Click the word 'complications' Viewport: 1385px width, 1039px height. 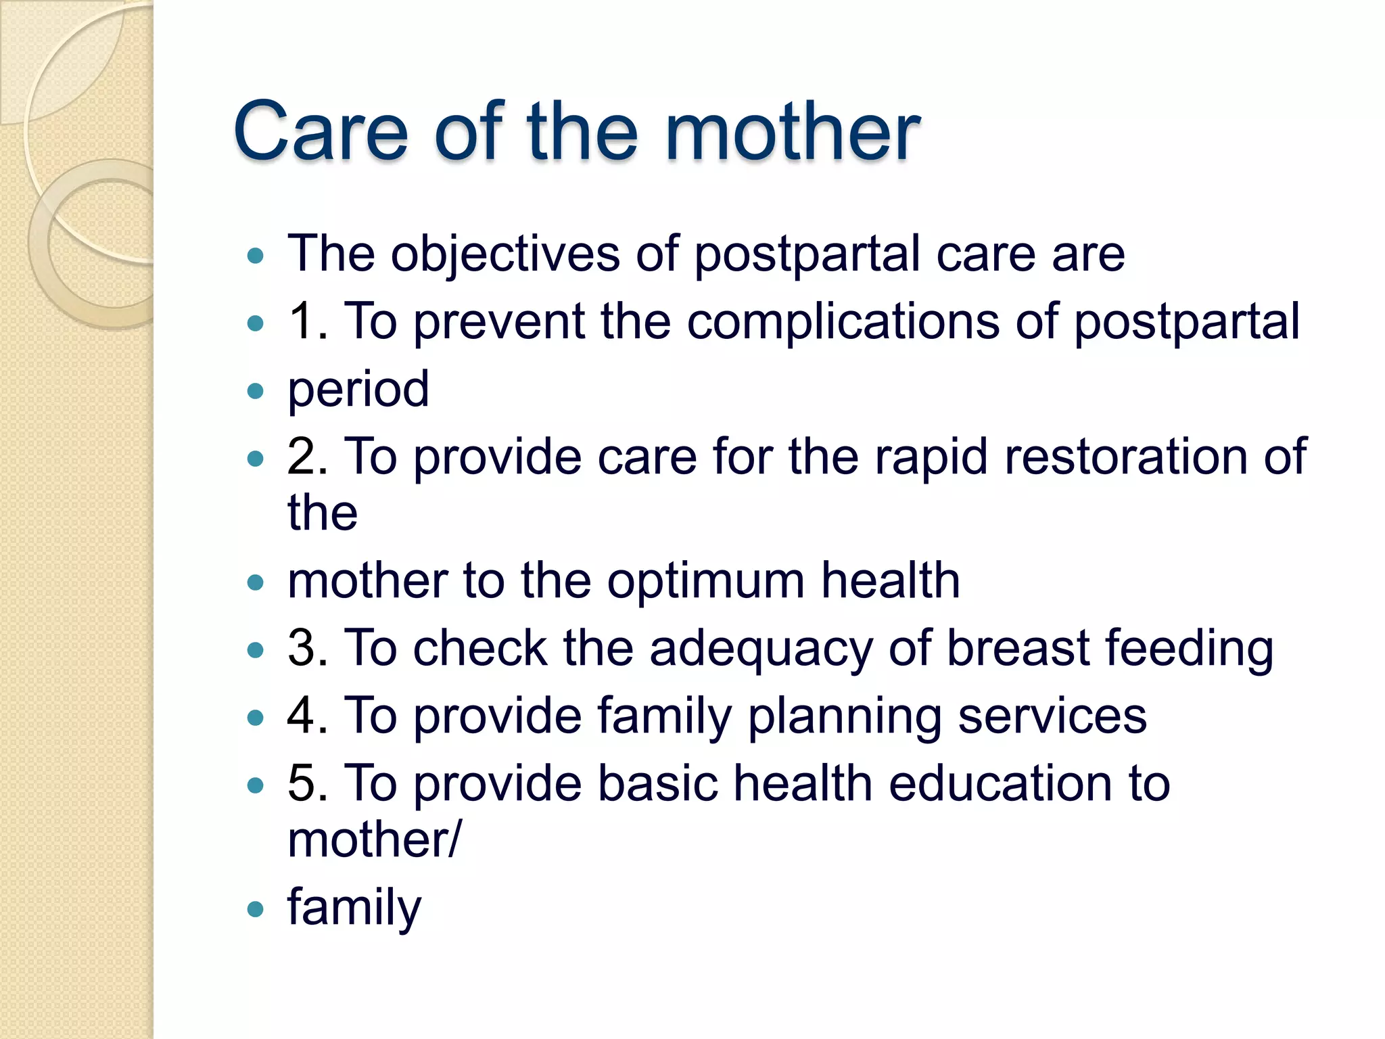pos(843,322)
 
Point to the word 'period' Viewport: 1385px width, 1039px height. pos(358,390)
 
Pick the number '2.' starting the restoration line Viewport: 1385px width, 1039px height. pos(308,457)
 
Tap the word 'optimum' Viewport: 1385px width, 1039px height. pos(705,582)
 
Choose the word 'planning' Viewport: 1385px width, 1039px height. pos(844,717)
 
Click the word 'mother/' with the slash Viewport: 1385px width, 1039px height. pos(375,841)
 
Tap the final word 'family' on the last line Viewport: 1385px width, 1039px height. pos(354,908)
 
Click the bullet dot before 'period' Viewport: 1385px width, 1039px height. pos(255,391)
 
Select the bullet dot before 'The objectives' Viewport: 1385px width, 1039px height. pos(255,256)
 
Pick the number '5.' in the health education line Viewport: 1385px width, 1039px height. pos(308,785)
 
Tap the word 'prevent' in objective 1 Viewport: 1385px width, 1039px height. pos(498,323)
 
